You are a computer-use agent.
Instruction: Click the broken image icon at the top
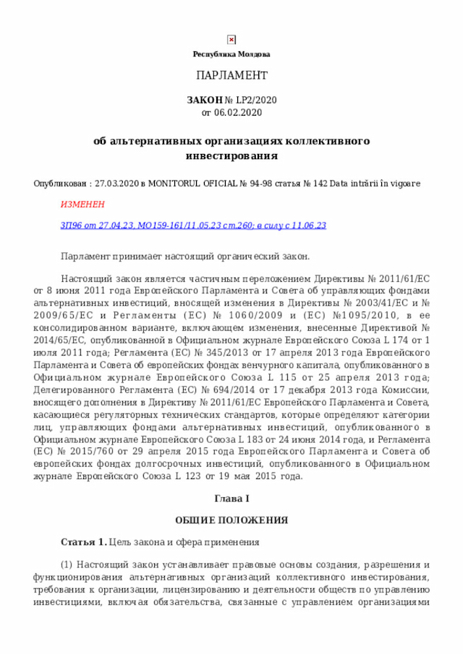click(231, 40)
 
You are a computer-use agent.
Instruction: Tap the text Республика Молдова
click(231, 55)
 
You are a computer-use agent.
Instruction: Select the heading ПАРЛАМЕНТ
click(231, 76)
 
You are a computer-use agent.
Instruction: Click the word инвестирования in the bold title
click(231, 155)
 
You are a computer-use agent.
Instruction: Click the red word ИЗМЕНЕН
click(82, 205)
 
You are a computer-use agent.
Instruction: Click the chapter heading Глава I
click(231, 499)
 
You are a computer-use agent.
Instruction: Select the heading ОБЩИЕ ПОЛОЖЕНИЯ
click(231, 520)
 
